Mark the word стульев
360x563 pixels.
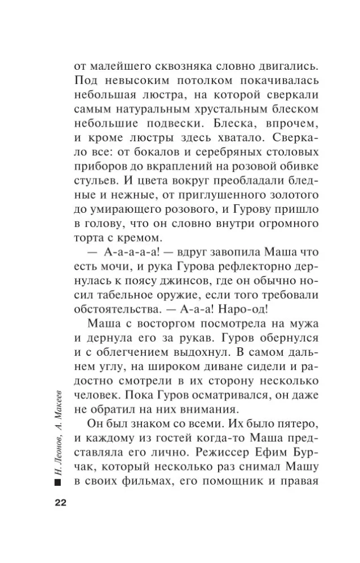[96, 182]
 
